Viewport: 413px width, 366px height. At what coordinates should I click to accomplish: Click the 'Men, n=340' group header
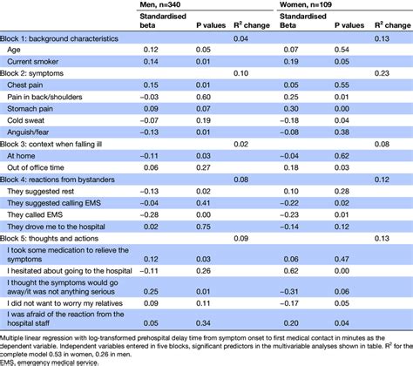pyautogui.click(x=141, y=7)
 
